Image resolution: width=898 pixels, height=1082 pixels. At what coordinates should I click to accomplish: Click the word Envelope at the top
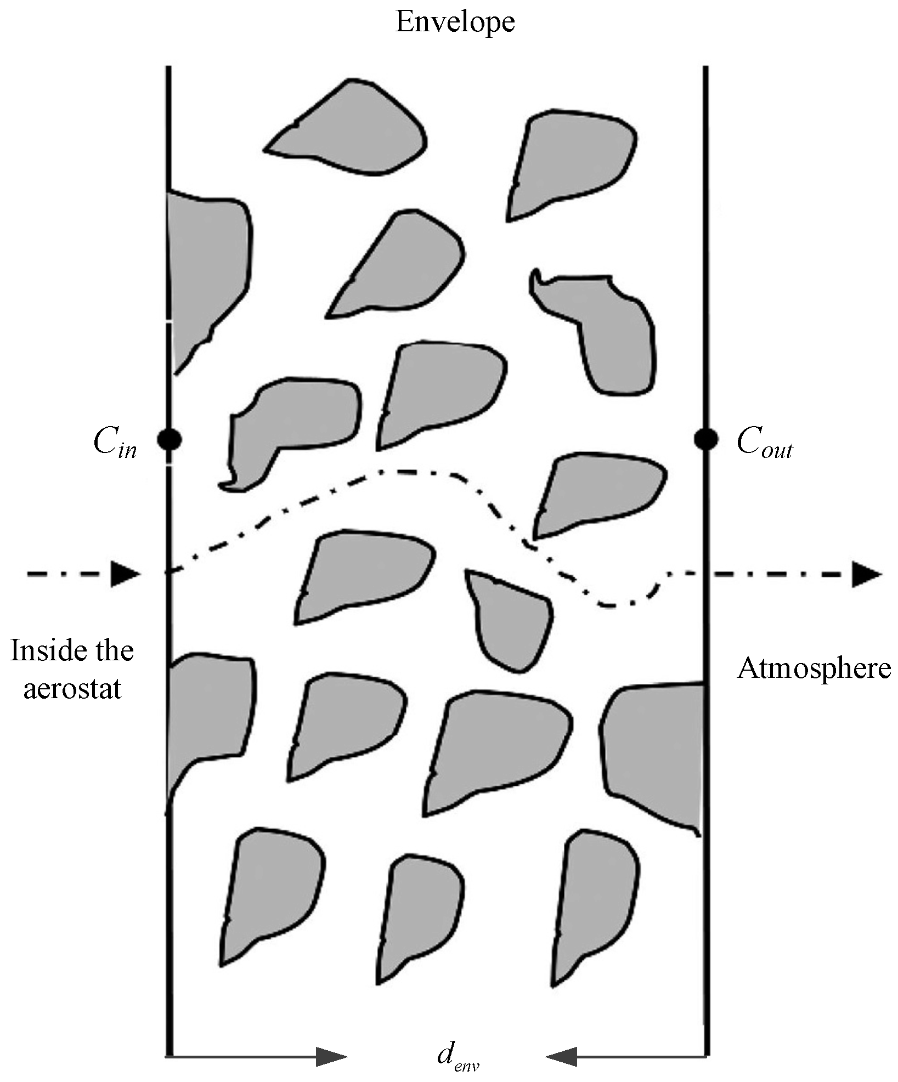tap(455, 22)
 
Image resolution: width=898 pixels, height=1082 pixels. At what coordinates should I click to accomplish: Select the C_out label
tap(764, 442)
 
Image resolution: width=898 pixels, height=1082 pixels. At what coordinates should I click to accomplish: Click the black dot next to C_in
tap(169, 439)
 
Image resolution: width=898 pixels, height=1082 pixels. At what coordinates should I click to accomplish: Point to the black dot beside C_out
tap(705, 439)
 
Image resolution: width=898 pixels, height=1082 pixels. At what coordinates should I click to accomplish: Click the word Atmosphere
tap(814, 669)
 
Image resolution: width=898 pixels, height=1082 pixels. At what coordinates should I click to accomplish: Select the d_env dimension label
tap(459, 1054)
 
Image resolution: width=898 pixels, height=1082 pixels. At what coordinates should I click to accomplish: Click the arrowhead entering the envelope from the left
tap(125, 574)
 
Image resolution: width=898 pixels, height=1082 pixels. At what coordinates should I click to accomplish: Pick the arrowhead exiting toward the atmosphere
tap(866, 574)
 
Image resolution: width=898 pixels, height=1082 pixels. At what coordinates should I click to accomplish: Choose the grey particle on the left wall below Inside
tap(208, 713)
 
